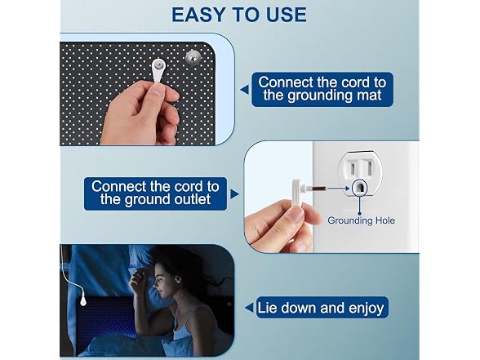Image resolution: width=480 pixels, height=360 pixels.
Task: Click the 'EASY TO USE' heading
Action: [x=239, y=15]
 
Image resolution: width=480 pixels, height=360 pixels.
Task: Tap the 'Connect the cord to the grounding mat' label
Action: [x=322, y=89]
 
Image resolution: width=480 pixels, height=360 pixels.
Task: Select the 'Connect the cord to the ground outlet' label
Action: [x=155, y=193]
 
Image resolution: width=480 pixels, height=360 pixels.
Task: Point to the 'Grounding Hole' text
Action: [x=361, y=220]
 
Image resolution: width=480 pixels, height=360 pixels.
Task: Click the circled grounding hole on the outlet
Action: [x=359, y=188]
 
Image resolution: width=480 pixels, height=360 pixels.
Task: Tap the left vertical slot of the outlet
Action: [x=353, y=168]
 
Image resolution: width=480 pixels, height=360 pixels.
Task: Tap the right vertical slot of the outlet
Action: [x=370, y=168]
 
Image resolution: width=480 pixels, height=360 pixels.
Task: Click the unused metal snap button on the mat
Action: [x=192, y=57]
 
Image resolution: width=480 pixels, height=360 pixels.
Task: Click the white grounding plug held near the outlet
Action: [x=297, y=193]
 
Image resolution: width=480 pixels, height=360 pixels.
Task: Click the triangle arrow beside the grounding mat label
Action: [x=244, y=90]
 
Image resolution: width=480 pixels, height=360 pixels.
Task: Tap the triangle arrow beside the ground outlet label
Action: [x=234, y=193]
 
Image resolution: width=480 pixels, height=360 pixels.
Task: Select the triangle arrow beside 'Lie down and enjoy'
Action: [x=249, y=308]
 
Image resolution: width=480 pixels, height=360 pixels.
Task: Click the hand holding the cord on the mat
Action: [x=140, y=114]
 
